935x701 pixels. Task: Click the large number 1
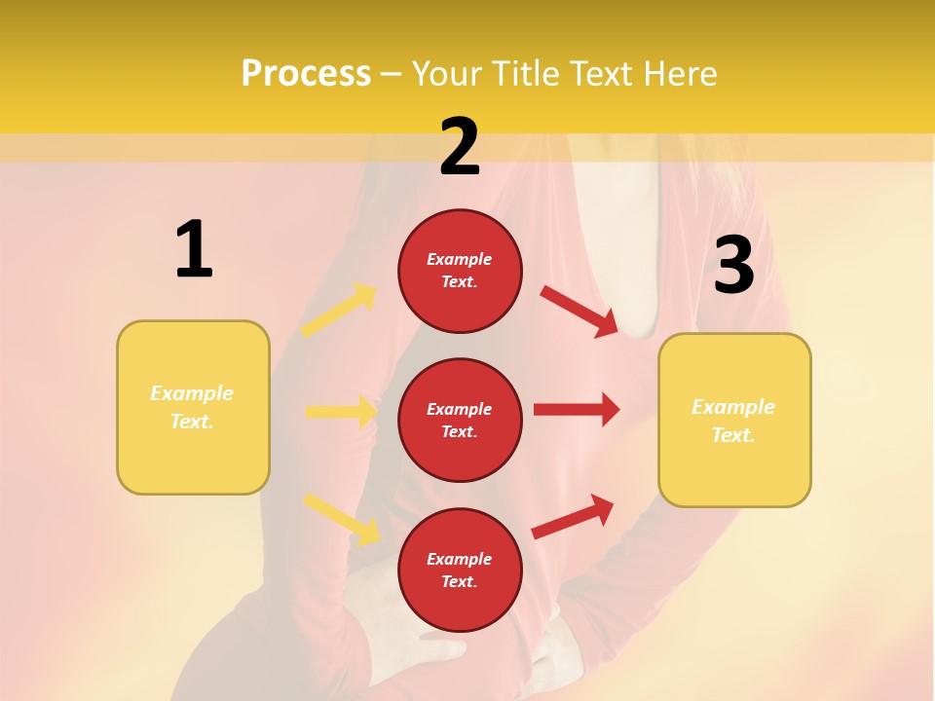point(194,250)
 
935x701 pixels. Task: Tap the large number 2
point(460,147)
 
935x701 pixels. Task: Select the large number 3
point(734,265)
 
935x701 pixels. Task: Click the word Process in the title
point(306,73)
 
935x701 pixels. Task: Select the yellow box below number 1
point(193,407)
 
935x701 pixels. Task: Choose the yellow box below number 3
point(734,421)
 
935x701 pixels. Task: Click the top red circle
point(460,271)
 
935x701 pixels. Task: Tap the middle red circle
point(460,420)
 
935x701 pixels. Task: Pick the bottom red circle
point(460,570)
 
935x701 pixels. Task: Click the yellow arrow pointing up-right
point(340,311)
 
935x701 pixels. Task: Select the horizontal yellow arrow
point(342,412)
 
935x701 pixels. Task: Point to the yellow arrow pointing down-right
point(341,518)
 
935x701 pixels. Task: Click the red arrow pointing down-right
point(580,311)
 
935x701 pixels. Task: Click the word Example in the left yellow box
point(192,393)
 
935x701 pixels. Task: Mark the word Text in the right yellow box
point(732,435)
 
